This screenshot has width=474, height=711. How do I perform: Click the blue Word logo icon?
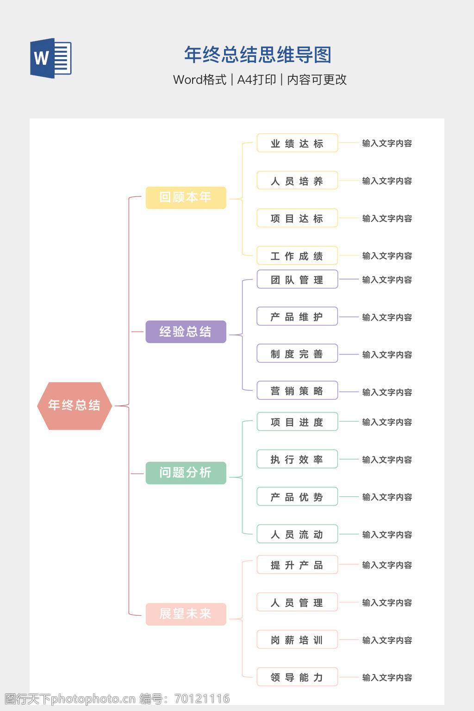50,58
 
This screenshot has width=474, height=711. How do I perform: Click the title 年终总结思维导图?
258,55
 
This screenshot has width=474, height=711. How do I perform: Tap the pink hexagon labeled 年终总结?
75,406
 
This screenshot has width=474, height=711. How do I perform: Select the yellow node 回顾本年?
186,198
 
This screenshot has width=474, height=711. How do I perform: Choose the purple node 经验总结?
186,332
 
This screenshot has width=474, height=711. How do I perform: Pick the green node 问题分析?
186,473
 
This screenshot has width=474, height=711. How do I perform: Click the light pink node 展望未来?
186,614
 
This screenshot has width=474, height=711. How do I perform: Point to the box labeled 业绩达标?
297,143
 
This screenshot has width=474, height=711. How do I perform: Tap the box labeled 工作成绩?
297,256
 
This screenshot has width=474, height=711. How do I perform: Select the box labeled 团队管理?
297,280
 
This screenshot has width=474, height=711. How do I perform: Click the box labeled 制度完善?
297,354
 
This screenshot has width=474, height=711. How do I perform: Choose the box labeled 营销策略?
297,391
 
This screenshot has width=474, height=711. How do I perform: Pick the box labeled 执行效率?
297,459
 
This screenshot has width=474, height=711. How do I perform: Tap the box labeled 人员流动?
297,534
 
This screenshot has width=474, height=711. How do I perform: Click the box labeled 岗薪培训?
297,640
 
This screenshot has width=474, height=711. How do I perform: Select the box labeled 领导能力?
297,677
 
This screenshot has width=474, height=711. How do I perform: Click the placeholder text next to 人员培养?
387,181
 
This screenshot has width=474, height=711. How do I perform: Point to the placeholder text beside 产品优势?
387,497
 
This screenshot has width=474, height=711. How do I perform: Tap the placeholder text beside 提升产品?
387,565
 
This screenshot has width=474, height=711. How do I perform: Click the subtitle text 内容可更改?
317,80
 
